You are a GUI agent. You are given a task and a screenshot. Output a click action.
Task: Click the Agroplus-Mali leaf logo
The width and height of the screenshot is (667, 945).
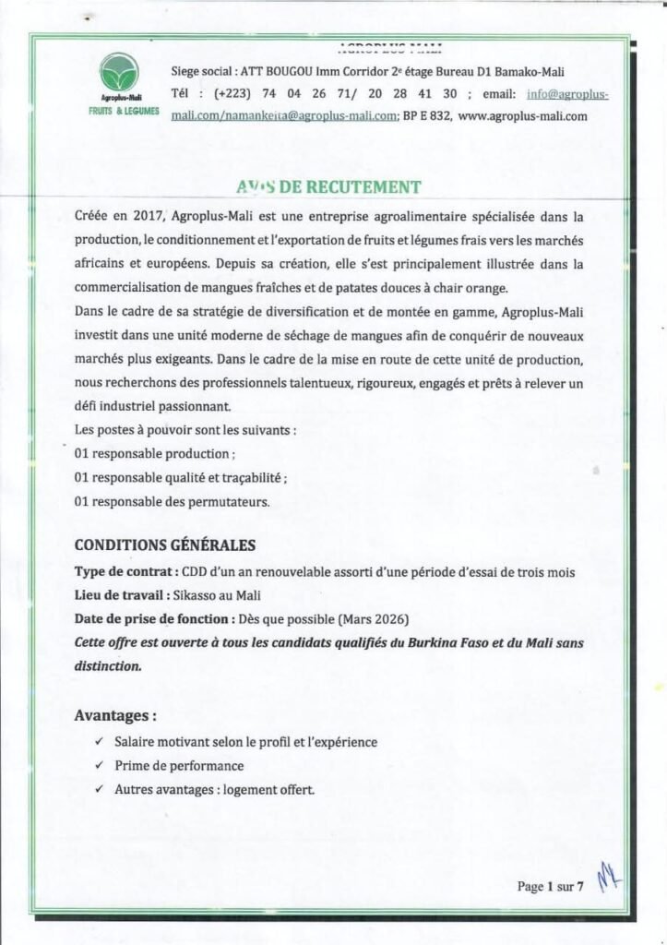click(120, 72)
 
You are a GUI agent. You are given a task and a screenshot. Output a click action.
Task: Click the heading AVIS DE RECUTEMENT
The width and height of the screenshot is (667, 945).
click(328, 187)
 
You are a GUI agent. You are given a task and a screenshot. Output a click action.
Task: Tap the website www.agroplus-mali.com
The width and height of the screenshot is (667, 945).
click(522, 117)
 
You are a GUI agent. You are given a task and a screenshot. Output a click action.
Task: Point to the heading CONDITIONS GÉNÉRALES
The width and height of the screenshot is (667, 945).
click(164, 545)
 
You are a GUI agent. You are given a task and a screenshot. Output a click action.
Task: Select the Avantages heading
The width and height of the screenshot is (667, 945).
click(114, 714)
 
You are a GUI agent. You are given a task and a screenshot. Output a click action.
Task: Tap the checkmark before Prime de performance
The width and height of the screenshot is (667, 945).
click(99, 766)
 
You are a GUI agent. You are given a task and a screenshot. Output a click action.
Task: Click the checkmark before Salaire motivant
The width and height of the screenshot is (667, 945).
click(99, 742)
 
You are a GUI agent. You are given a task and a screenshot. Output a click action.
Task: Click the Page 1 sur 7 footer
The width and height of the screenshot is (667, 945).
click(551, 888)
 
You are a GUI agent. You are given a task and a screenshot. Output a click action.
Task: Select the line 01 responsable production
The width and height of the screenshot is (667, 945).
click(154, 454)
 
